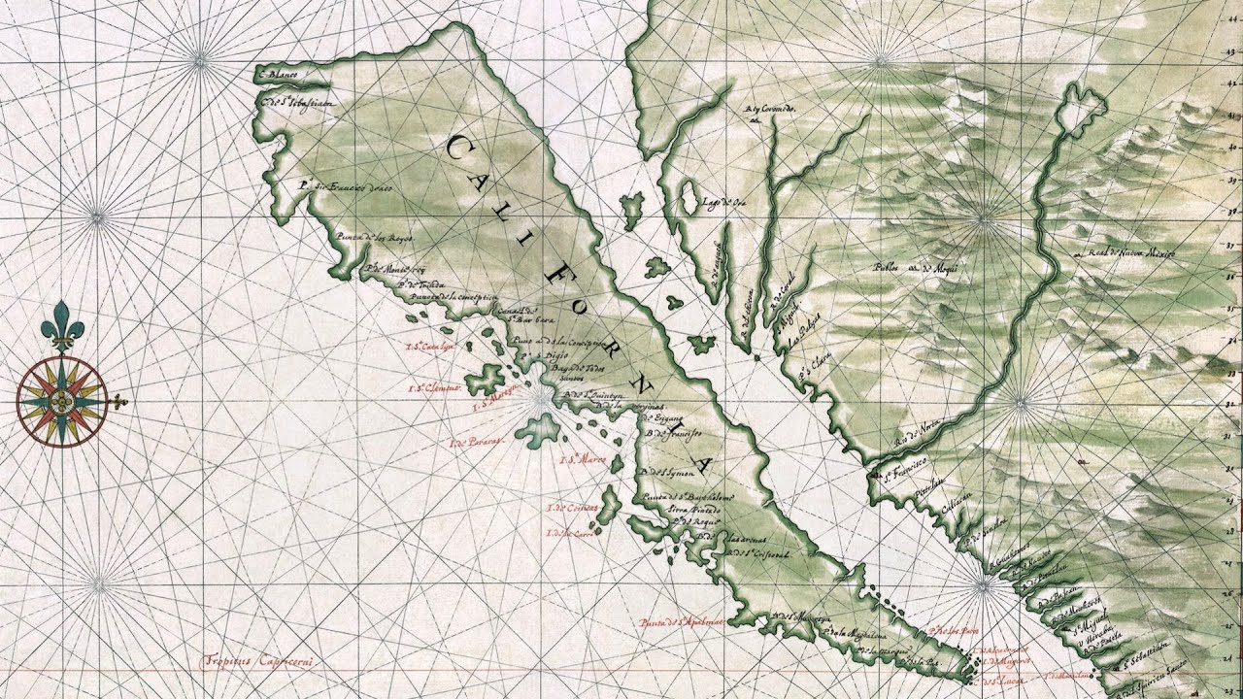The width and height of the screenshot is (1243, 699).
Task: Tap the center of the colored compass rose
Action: click(62, 401)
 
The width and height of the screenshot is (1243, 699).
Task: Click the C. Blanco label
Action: click(280, 74)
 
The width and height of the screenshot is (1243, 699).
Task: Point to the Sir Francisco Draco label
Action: click(346, 186)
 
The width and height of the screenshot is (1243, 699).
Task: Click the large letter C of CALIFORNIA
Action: click(459, 150)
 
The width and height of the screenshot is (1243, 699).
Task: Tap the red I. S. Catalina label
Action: click(430, 347)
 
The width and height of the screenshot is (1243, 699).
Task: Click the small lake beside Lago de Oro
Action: click(689, 197)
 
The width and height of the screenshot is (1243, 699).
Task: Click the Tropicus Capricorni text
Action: click(259, 660)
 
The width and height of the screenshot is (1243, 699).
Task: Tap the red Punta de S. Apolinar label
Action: click(681, 620)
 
